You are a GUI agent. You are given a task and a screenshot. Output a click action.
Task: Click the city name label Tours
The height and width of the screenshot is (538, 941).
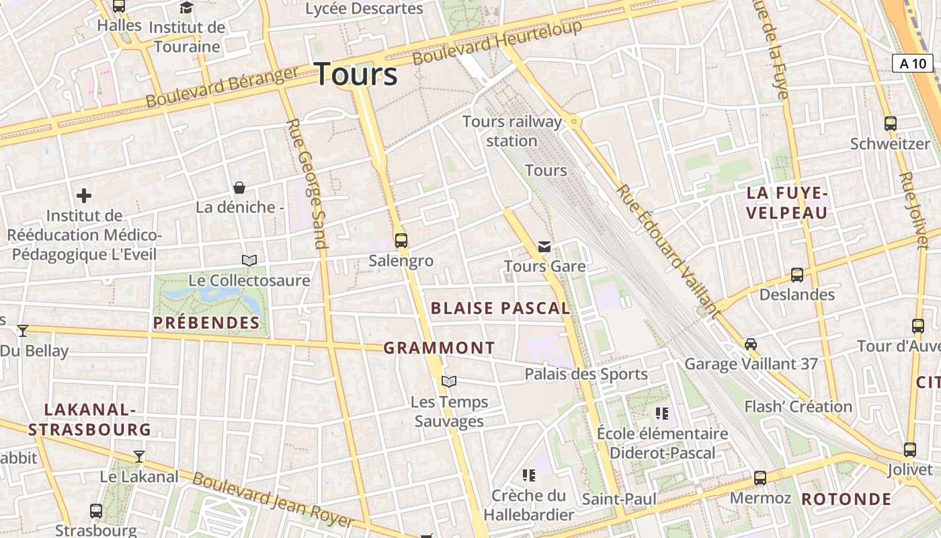click(356, 73)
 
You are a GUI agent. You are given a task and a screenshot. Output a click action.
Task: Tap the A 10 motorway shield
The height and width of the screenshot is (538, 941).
click(912, 64)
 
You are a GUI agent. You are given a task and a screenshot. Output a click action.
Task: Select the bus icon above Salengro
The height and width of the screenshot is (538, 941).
click(401, 240)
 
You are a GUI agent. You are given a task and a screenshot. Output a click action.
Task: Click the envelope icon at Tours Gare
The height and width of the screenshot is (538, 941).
click(544, 247)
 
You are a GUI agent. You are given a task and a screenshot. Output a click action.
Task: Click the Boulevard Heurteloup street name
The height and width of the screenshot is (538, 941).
click(497, 42)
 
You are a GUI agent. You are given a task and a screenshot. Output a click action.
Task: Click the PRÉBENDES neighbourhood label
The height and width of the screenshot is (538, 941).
click(206, 323)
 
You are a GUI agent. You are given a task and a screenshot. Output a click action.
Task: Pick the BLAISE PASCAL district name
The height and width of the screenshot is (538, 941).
click(500, 309)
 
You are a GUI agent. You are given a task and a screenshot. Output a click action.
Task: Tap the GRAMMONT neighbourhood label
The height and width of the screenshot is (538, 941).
click(439, 348)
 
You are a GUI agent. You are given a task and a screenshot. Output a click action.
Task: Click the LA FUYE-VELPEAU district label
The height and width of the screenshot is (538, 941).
click(787, 203)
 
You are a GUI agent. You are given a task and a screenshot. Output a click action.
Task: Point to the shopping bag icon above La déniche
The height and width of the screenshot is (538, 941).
click(239, 188)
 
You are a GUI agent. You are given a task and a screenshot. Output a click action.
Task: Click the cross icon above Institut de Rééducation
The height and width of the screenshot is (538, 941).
click(84, 196)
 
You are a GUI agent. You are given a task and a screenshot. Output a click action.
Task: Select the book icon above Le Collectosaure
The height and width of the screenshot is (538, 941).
click(249, 260)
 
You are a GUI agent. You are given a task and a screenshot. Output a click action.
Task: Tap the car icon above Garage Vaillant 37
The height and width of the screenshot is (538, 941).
click(751, 344)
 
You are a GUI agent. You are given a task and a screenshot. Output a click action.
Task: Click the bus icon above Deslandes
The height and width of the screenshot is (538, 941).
click(796, 274)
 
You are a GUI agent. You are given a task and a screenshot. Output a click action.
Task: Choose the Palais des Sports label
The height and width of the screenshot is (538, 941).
click(586, 374)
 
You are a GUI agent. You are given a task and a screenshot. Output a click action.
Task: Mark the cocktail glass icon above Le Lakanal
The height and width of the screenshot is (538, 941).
click(139, 457)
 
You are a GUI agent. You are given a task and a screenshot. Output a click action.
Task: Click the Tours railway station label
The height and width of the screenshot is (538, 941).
click(512, 131)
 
